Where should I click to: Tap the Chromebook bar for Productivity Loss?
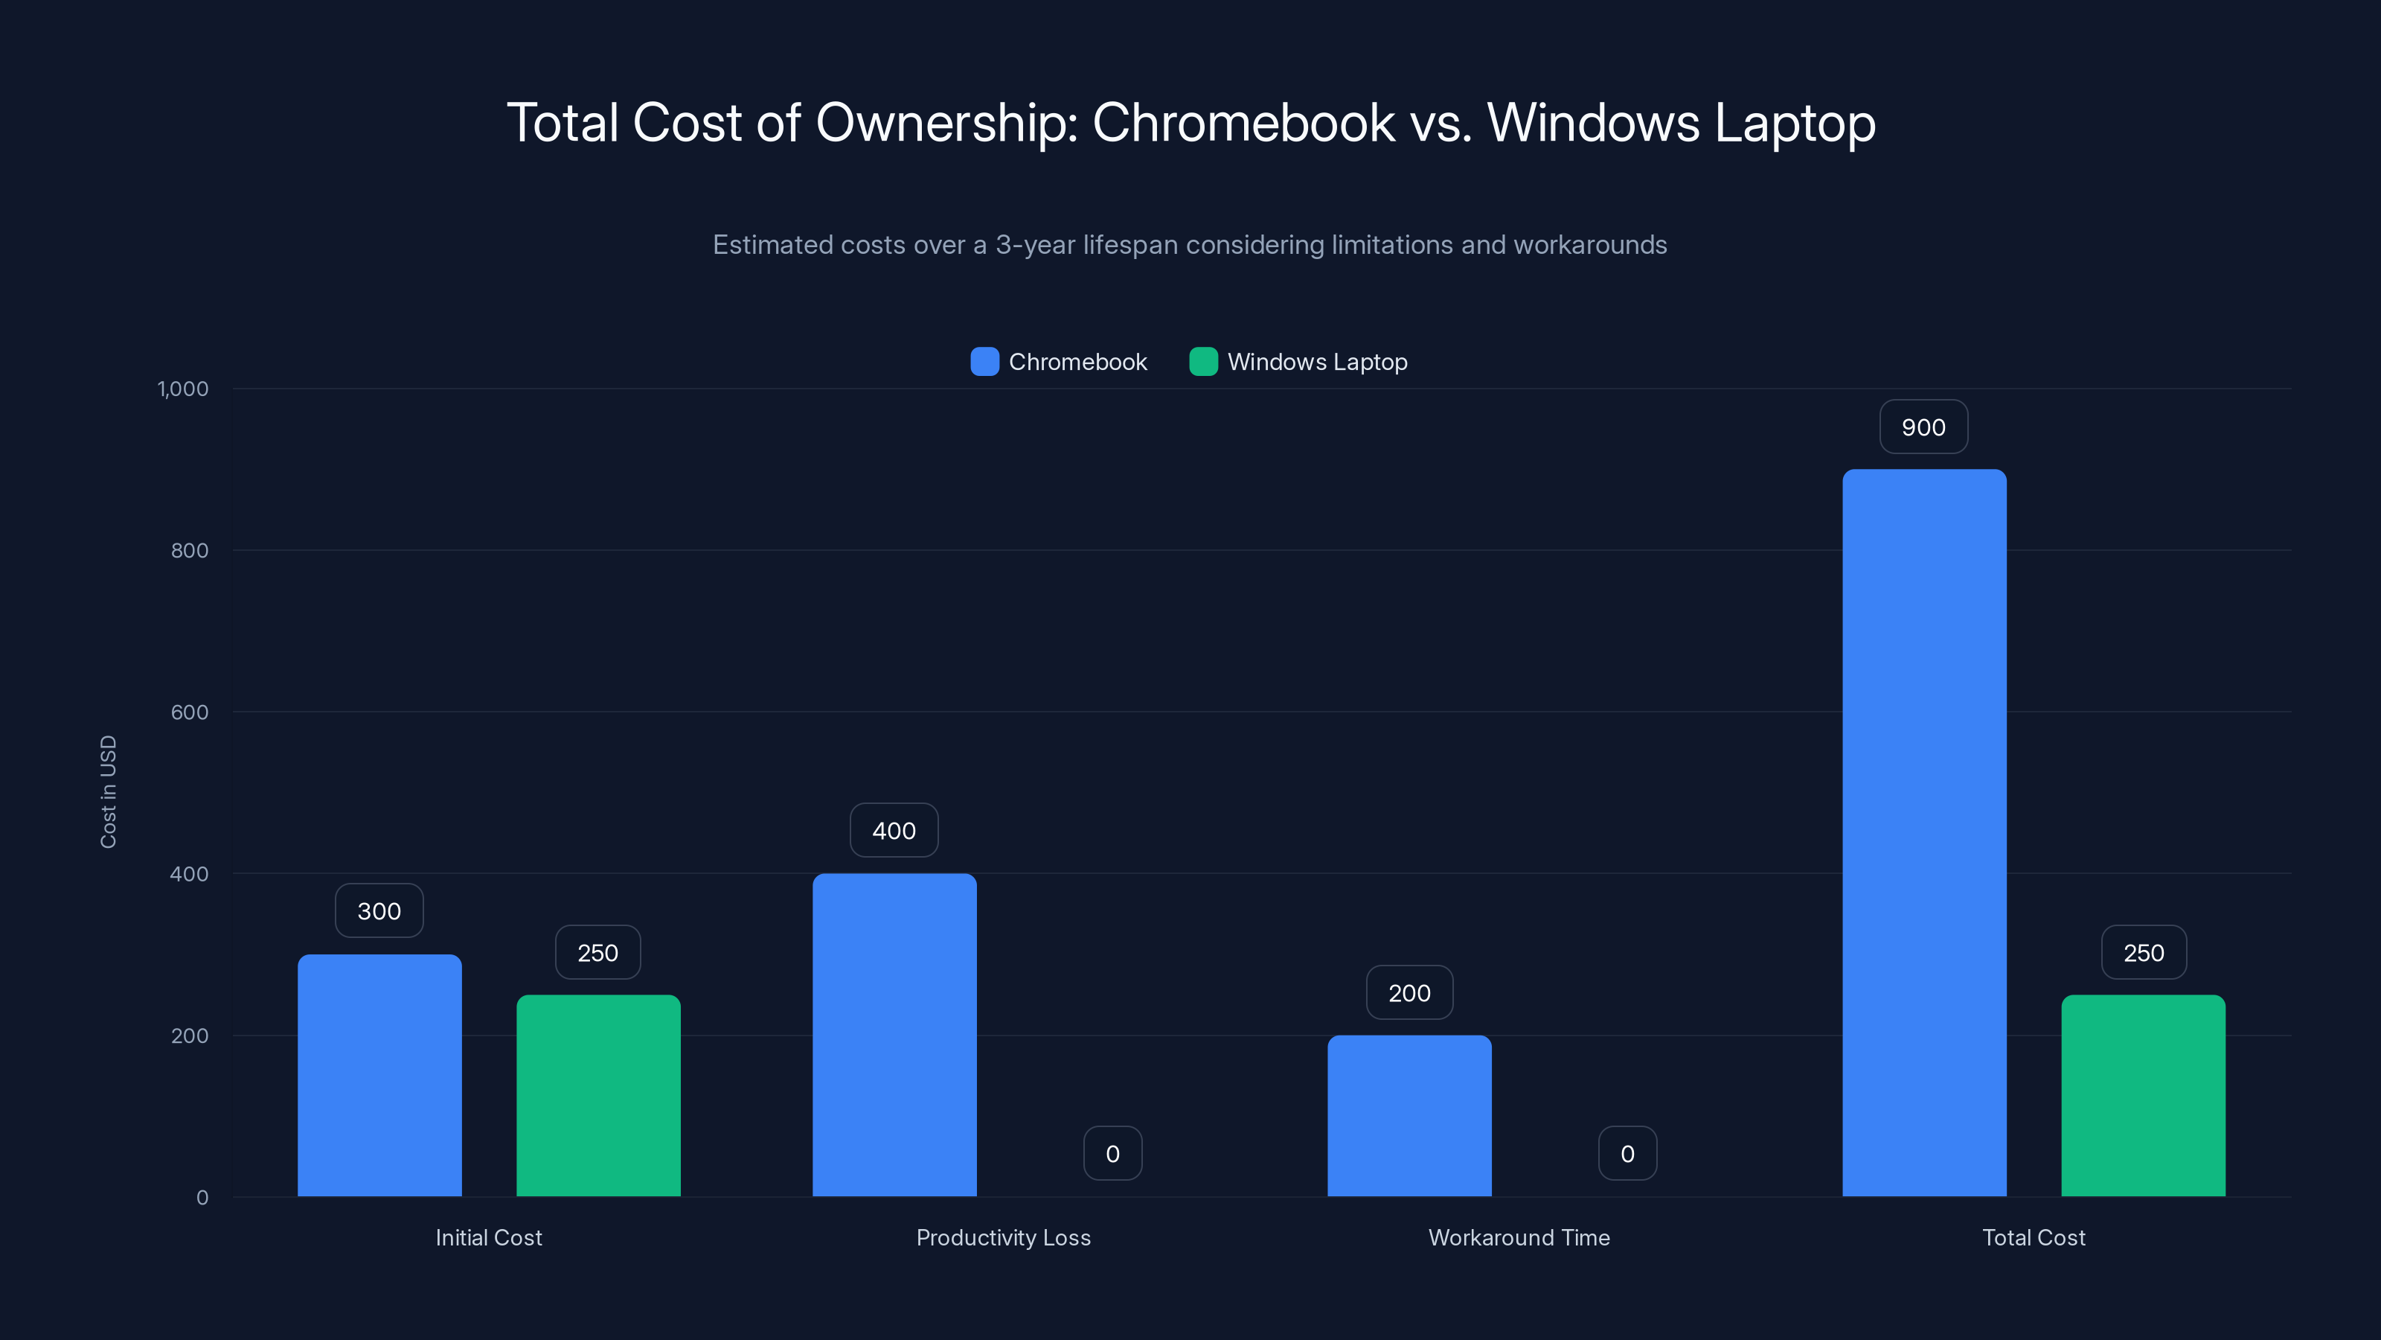point(894,1035)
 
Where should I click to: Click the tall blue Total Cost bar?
point(1923,832)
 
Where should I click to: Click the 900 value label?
point(1923,427)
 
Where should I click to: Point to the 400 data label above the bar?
point(894,831)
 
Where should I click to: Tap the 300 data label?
point(379,911)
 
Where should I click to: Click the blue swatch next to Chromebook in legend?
point(984,362)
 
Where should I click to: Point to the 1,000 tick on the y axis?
point(183,389)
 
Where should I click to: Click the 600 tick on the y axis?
point(190,712)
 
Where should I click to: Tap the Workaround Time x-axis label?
point(1519,1237)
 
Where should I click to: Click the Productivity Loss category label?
point(1003,1237)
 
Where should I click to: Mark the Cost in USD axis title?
point(108,791)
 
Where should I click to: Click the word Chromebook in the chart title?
point(1243,122)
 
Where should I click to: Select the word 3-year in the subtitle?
point(1035,245)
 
